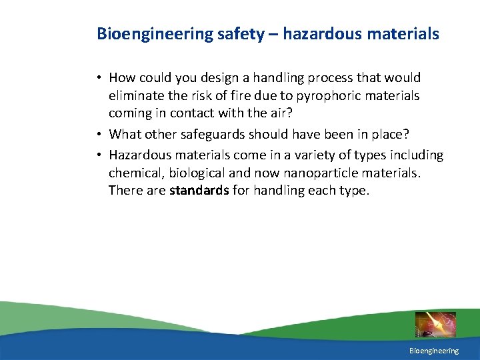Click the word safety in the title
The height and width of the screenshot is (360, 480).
point(241,33)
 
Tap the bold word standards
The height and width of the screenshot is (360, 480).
point(199,191)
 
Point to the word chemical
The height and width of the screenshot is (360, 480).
point(134,173)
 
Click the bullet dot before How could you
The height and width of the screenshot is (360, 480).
point(97,79)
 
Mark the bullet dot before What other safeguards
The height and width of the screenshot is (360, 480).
point(97,135)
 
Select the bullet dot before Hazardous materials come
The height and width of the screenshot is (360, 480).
point(97,155)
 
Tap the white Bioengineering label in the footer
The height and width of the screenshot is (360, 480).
point(434,351)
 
